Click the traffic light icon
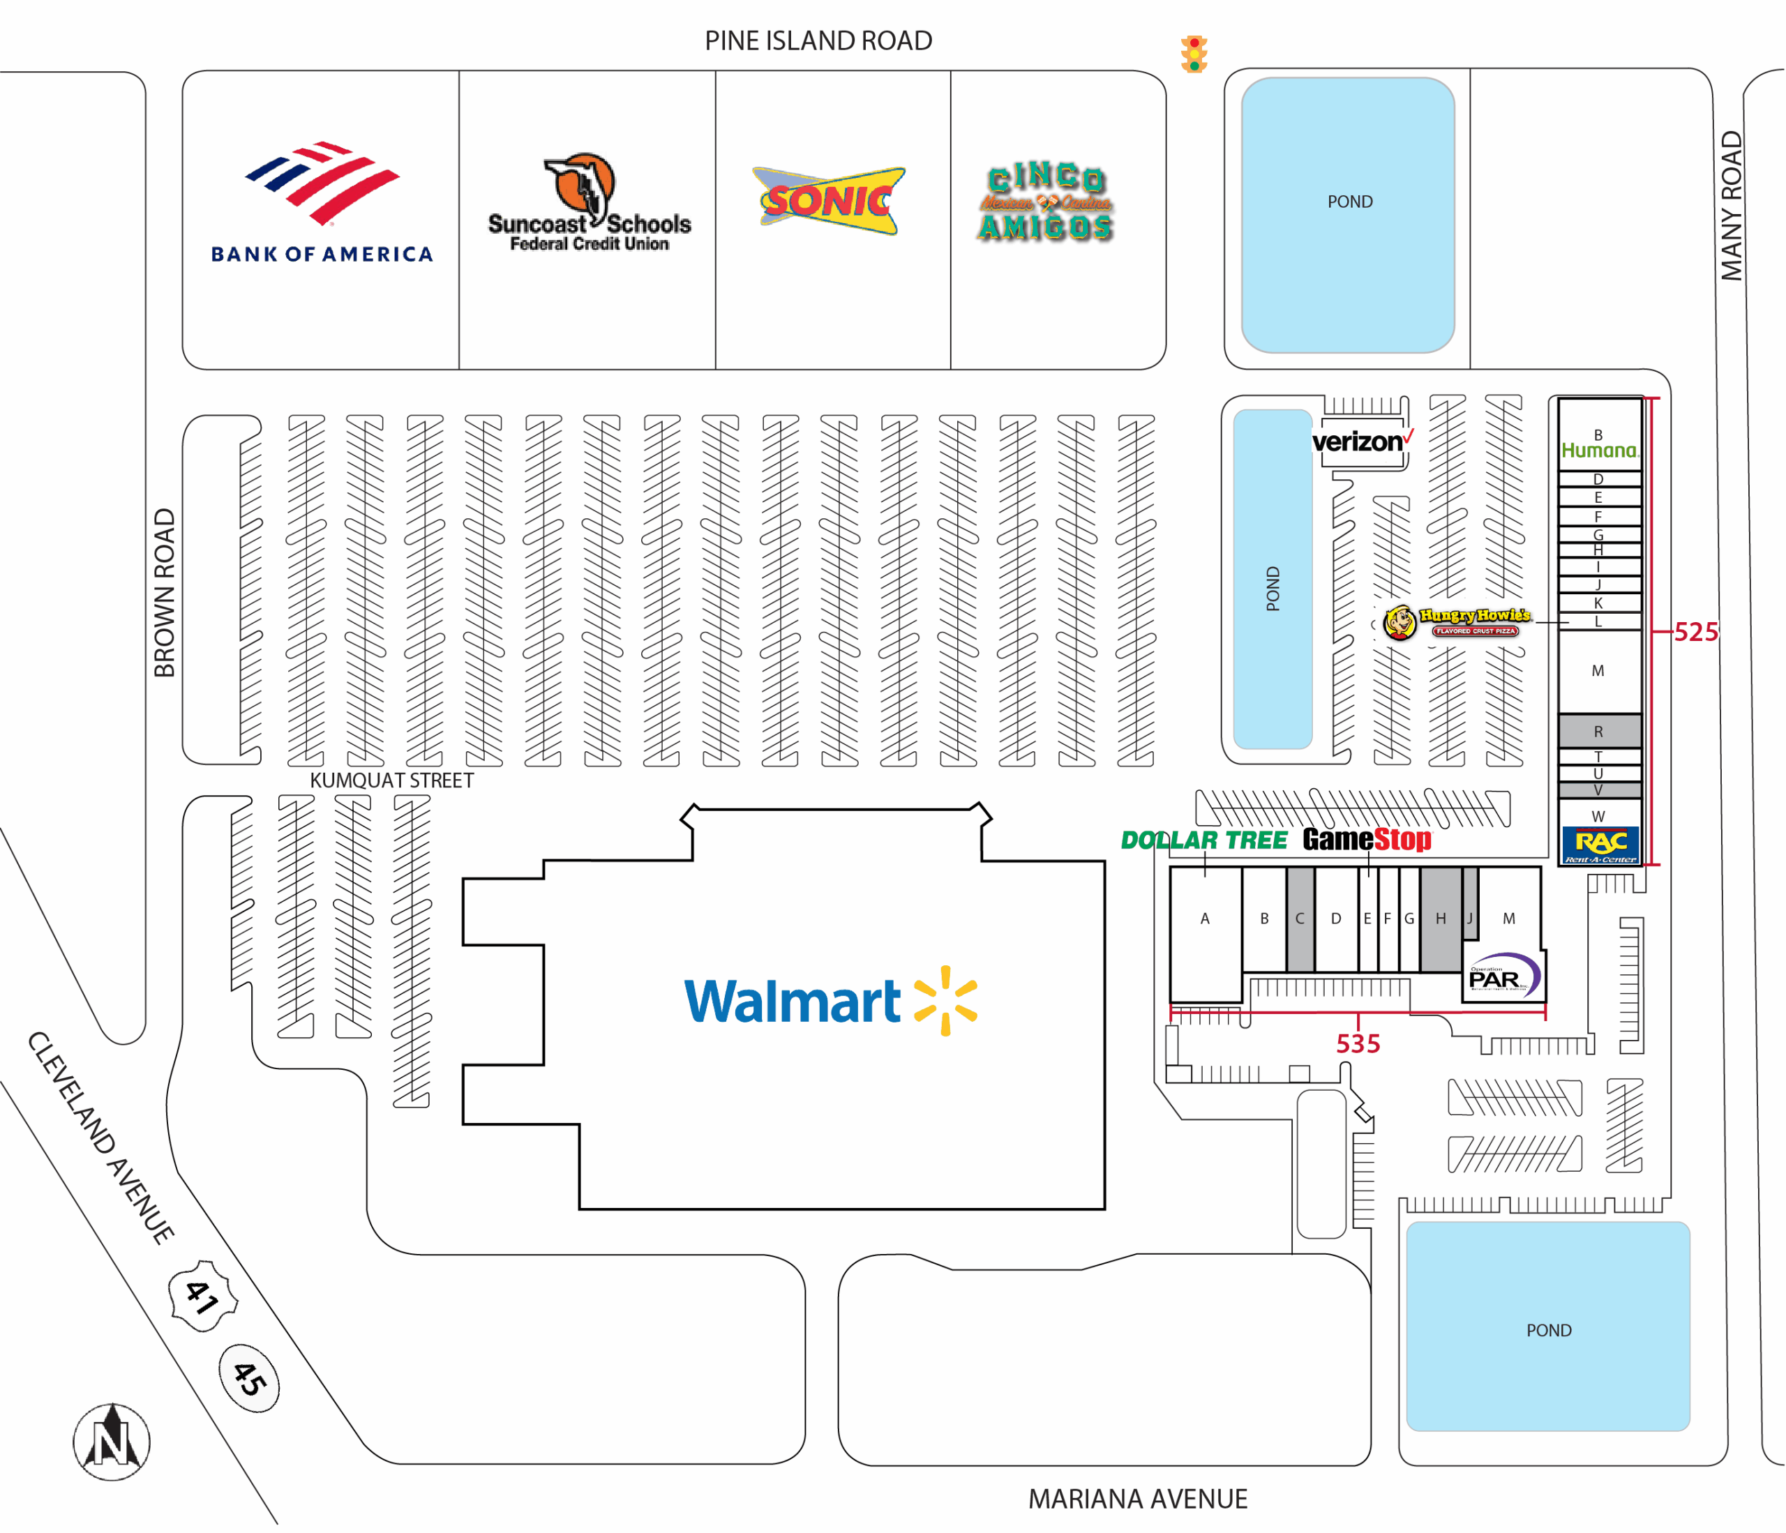pos(1194,54)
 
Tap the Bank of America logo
pos(322,202)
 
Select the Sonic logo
pos(830,201)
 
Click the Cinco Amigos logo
pos(1046,202)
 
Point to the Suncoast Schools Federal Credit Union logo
pos(589,204)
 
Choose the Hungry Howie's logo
pos(1457,622)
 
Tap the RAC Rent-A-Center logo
pos(1600,845)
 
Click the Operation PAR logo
pos(1503,976)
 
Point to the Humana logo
pos(1599,450)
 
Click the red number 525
pos(1695,632)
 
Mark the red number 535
pos(1358,1043)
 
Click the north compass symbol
pos(111,1442)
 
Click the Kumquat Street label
pos(391,780)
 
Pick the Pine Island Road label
pos(818,40)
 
